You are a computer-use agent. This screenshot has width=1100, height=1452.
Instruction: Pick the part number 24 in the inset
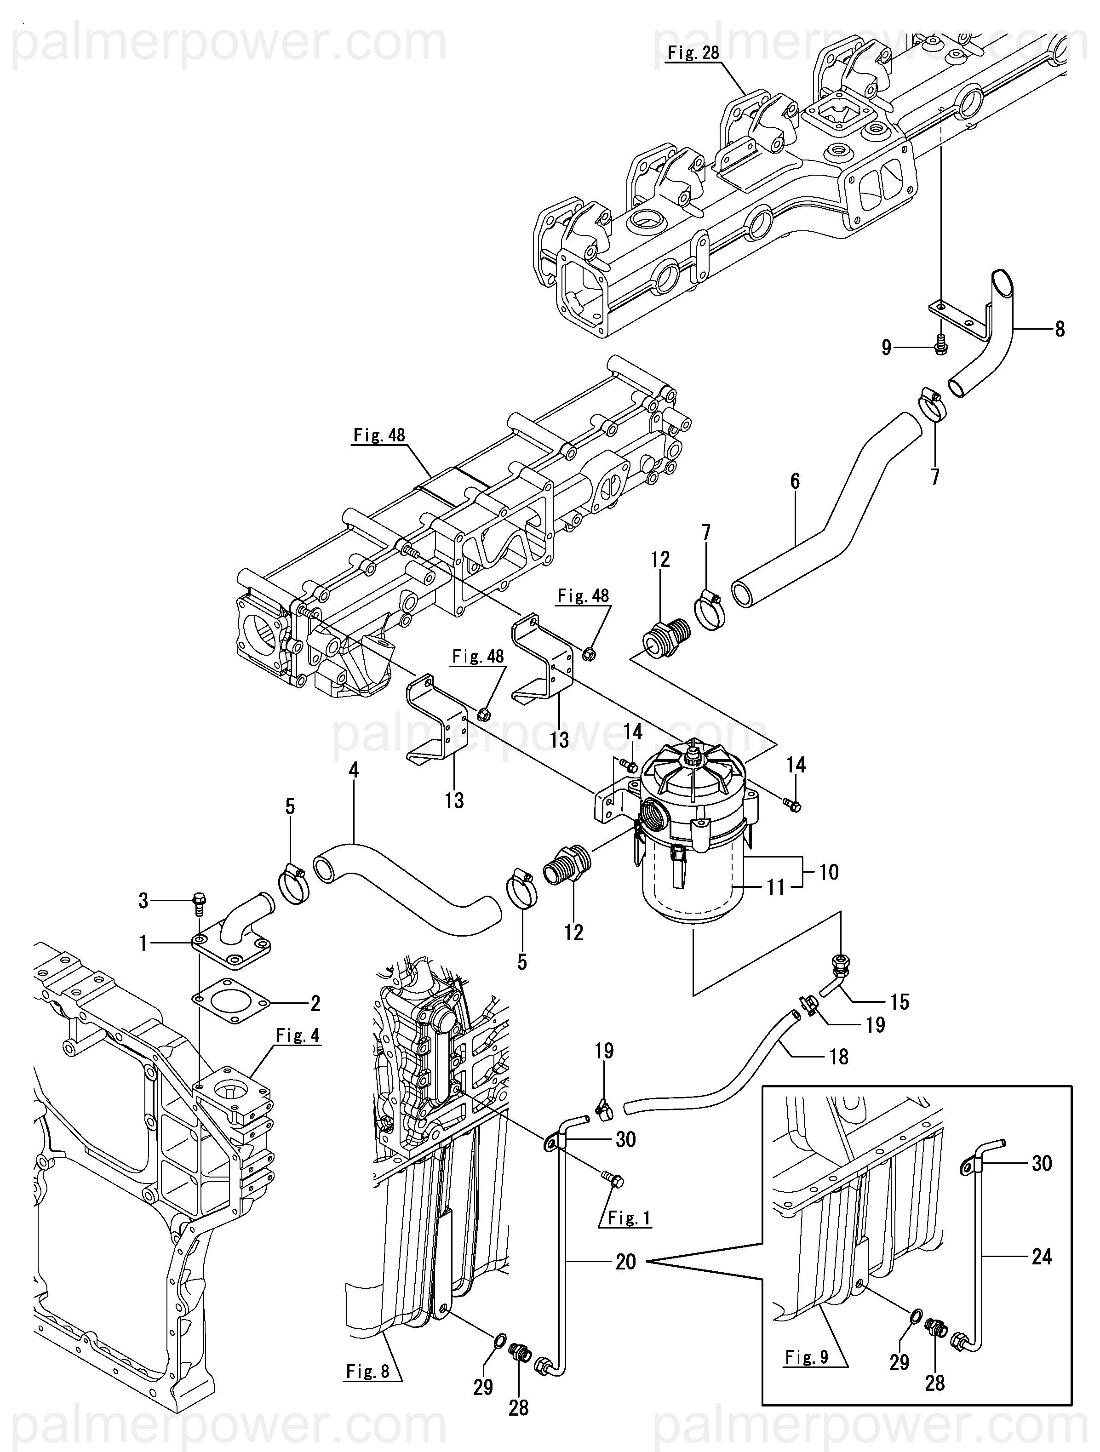[1042, 1257]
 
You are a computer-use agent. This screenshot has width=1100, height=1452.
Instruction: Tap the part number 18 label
[839, 1057]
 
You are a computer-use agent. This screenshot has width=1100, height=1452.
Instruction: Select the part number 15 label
[899, 1002]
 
